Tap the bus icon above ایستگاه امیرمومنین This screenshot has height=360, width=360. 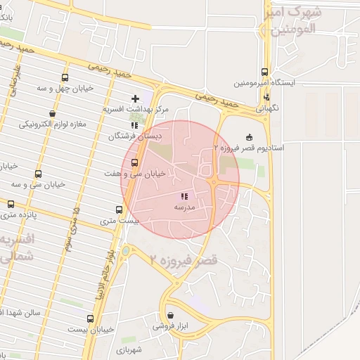[265, 72]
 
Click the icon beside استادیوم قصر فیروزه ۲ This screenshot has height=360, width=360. [249, 137]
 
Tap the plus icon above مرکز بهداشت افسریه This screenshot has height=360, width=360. [136, 98]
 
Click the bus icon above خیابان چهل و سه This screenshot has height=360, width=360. [65, 78]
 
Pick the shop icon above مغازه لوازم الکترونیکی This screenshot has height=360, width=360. [53, 112]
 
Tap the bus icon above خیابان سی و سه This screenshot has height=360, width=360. [37, 174]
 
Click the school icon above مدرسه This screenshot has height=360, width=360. [184, 198]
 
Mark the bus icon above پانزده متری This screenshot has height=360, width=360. [10, 204]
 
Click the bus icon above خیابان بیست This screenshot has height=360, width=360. [90, 319]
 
